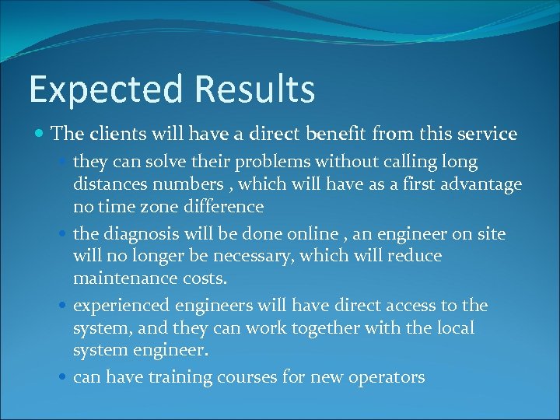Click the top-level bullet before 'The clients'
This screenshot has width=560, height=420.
coord(40,135)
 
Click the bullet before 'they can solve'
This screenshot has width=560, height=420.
coord(64,163)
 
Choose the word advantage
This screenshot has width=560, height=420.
coord(477,184)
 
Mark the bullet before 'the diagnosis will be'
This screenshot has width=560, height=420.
coord(64,234)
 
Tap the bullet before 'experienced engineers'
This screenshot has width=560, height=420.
coord(64,306)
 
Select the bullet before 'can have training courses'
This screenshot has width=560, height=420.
coord(64,378)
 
